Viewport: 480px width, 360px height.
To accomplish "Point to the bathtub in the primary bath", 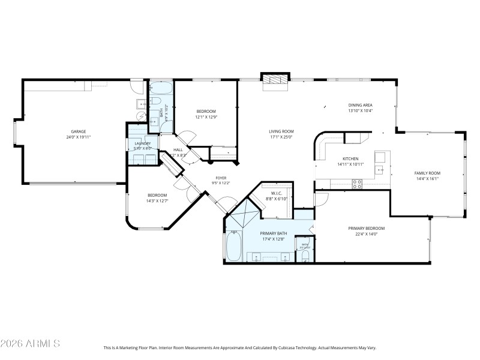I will click(x=233, y=246).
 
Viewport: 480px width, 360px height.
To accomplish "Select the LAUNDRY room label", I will click(x=142, y=143).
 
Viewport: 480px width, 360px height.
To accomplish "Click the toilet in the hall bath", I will click(x=154, y=101).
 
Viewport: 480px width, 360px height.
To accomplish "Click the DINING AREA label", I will click(x=361, y=105).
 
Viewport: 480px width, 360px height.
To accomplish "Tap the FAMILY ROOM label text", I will click(x=427, y=173).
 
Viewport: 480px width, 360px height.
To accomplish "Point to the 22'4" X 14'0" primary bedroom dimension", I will click(x=366, y=234).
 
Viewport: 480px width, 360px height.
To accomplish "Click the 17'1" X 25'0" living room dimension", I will click(x=280, y=137).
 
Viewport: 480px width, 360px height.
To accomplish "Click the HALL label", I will click(x=178, y=150).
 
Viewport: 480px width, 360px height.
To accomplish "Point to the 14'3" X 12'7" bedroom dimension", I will click(x=157, y=201).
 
